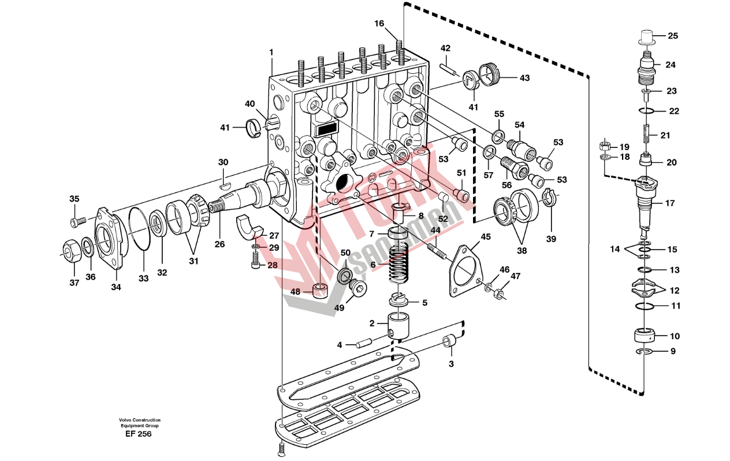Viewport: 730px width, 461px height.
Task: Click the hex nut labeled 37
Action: [x=72, y=250]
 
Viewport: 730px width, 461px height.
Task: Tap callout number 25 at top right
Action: [x=673, y=36]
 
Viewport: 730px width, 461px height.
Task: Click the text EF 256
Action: [x=139, y=434]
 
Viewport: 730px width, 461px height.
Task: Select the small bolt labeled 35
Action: [x=78, y=222]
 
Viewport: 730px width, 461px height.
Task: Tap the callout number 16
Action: [x=379, y=24]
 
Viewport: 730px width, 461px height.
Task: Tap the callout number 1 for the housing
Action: [x=271, y=52]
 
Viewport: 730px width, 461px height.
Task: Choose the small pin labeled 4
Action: [x=364, y=343]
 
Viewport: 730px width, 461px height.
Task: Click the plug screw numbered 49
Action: [x=358, y=288]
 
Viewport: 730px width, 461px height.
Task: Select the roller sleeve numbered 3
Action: [x=450, y=342]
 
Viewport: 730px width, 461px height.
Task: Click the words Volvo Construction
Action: [x=140, y=420]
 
